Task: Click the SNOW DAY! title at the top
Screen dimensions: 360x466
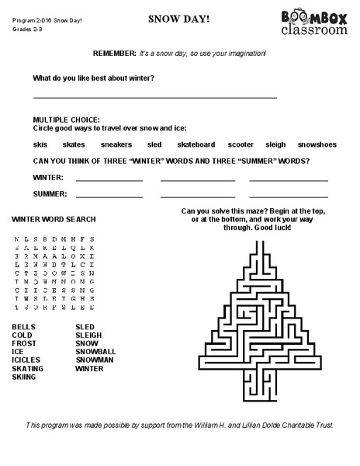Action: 178,17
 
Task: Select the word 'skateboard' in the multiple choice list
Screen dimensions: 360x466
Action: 196,144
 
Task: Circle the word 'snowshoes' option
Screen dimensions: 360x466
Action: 317,144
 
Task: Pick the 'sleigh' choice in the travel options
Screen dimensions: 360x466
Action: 275,144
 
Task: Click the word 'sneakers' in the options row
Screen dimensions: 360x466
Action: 116,144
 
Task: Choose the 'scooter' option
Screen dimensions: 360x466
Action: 241,144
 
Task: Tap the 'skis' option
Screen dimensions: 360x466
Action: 40,144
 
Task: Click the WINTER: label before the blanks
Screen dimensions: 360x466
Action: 48,178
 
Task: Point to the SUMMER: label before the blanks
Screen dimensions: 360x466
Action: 50,193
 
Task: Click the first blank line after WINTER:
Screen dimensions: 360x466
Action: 109,181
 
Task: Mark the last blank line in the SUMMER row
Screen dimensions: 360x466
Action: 288,196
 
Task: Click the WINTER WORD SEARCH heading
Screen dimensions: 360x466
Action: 54,220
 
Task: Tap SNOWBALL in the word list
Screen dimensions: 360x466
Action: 95,352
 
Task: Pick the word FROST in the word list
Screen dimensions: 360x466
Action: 23,343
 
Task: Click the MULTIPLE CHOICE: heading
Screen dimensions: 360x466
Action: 66,120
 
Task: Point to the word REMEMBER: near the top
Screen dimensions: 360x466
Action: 114,54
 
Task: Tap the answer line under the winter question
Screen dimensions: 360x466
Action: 155,98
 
